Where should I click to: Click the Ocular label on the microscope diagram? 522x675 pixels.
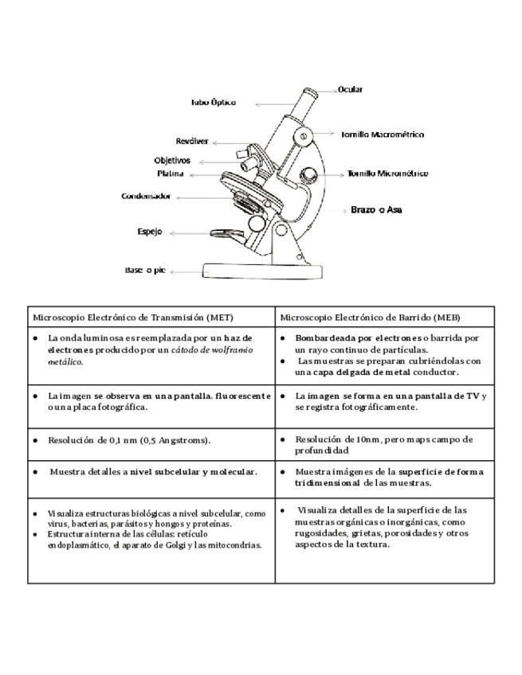pyautogui.click(x=351, y=89)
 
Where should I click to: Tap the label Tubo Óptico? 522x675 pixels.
pyautogui.click(x=213, y=103)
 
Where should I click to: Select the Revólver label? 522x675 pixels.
pyautogui.click(x=192, y=141)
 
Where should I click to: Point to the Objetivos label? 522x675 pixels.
pyautogui.click(x=173, y=160)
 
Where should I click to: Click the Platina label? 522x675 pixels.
pyautogui.click(x=171, y=173)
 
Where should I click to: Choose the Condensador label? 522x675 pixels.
pyautogui.click(x=145, y=195)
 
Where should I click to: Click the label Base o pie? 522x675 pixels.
pyautogui.click(x=145, y=270)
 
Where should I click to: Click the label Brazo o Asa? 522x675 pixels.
pyautogui.click(x=376, y=210)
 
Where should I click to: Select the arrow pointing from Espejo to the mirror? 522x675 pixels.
pyautogui.click(x=186, y=232)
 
